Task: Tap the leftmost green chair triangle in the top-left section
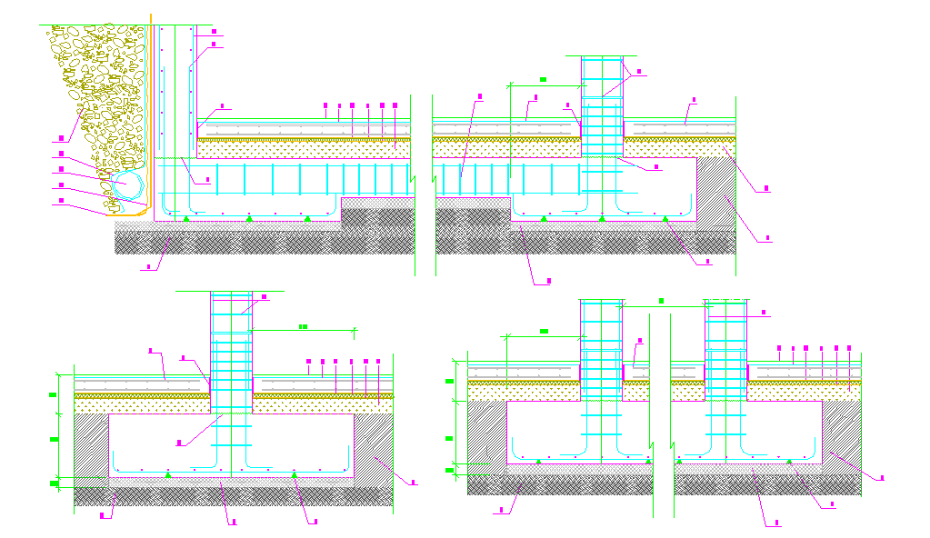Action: click(185, 219)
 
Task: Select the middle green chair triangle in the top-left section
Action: click(250, 219)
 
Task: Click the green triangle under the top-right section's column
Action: click(602, 219)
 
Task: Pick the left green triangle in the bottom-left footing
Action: click(167, 474)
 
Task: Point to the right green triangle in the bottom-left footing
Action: click(294, 474)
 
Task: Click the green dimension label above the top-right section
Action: click(543, 79)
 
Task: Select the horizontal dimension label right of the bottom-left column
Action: click(303, 325)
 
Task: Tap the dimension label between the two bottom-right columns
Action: click(662, 299)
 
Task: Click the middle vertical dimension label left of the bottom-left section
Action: click(54, 440)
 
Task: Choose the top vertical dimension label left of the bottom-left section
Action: click(54, 394)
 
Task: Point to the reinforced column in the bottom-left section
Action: click(231, 382)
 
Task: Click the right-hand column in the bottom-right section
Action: click(725, 373)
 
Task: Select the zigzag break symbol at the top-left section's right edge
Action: click(415, 181)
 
